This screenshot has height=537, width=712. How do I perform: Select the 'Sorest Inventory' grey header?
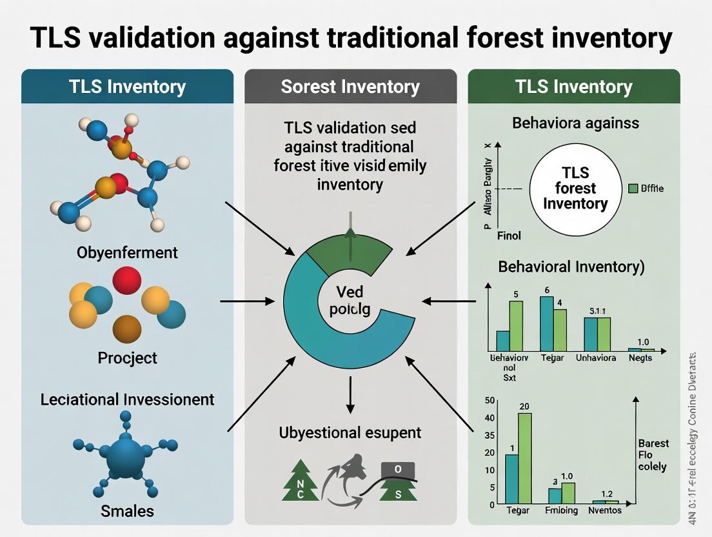[x=350, y=86]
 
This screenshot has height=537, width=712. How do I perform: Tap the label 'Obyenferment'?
[x=127, y=252]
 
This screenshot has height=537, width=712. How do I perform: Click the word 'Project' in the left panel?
[x=127, y=357]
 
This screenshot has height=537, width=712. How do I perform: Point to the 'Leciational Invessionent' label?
[x=127, y=399]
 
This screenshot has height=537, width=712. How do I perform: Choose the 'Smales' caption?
[x=127, y=511]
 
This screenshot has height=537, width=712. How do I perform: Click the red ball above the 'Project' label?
[x=126, y=280]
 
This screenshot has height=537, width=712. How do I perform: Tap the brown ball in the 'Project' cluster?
[x=126, y=329]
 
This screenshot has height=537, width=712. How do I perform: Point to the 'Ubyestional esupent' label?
[x=350, y=432]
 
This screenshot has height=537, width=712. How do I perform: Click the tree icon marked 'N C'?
[x=301, y=482]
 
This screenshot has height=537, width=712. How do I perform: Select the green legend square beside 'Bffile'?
[x=633, y=188]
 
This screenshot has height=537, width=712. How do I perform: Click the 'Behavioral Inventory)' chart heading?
[x=571, y=267]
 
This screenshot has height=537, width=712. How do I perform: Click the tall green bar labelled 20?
[x=525, y=458]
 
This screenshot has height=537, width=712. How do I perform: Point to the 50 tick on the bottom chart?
[x=489, y=401]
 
